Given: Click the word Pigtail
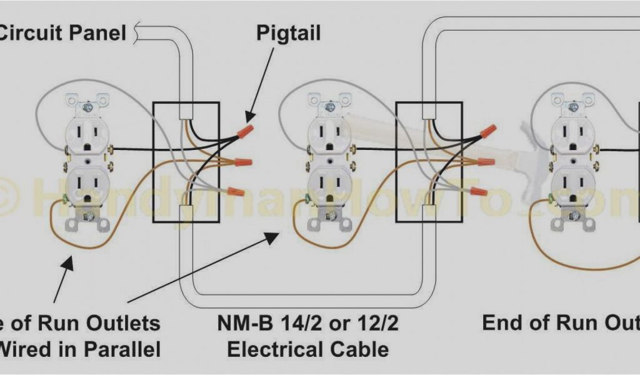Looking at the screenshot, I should click(289, 32).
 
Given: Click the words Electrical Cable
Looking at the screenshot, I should click(307, 348).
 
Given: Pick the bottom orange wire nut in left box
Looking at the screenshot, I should click(236, 191).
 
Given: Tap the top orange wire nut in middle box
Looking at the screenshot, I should click(488, 131).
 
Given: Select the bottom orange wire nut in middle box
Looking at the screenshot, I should click(478, 191).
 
